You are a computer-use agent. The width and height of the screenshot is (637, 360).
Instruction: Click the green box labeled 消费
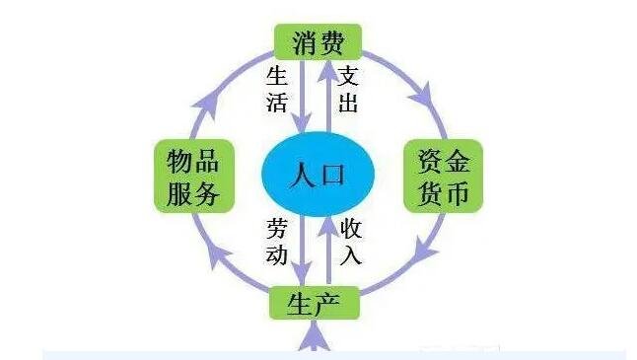(x=318, y=42)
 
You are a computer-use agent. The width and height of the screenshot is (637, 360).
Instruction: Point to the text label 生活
(x=276, y=91)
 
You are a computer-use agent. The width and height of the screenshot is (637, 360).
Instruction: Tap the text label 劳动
(x=276, y=242)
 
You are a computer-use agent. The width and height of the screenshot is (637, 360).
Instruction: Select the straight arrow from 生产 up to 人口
(x=329, y=247)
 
